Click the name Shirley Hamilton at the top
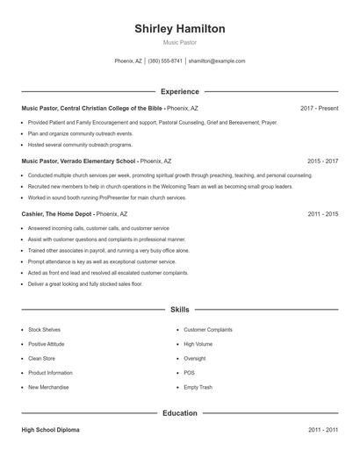pyautogui.click(x=179, y=29)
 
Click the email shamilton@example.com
pyautogui.click(x=217, y=61)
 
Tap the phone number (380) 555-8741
pyautogui.click(x=165, y=61)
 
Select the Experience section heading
pyautogui.click(x=179, y=91)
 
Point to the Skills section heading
pyautogui.click(x=179, y=310)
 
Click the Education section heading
pyautogui.click(x=179, y=412)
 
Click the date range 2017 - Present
pyautogui.click(x=319, y=108)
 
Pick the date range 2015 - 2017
pyautogui.click(x=322, y=161)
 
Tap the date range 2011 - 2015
pyautogui.click(x=322, y=214)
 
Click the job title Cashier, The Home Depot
pyautogui.click(x=56, y=214)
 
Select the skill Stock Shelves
pyautogui.click(x=46, y=330)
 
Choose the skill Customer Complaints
pyautogui.click(x=208, y=330)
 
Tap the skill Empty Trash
pyautogui.click(x=198, y=387)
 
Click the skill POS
pyautogui.click(x=190, y=373)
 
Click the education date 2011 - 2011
pyautogui.click(x=322, y=431)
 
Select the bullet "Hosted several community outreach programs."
pyautogui.click(x=80, y=144)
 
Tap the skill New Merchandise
pyautogui.click(x=48, y=387)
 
